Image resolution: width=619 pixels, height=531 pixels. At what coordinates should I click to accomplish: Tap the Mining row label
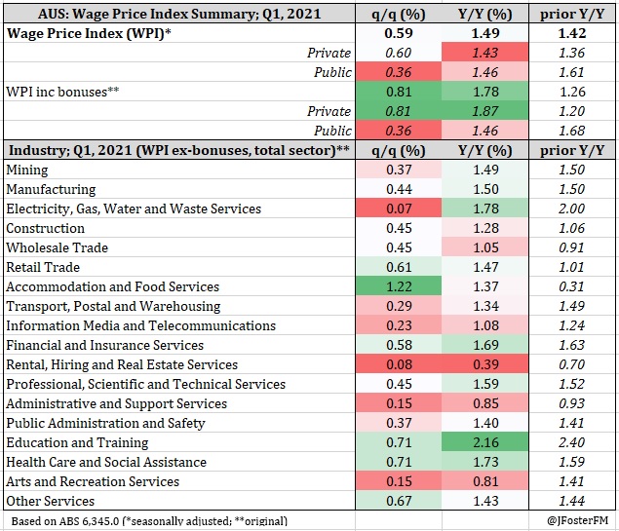click(x=27, y=170)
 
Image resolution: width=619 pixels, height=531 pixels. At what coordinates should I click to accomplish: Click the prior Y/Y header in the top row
click(x=573, y=14)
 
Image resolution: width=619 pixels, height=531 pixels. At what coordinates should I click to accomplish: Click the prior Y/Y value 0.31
click(x=573, y=286)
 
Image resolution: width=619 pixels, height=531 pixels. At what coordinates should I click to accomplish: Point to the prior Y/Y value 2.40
click(x=573, y=442)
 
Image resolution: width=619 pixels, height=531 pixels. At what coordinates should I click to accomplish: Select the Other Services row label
click(x=50, y=501)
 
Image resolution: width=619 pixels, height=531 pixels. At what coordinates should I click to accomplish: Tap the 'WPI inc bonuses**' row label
click(x=62, y=92)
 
